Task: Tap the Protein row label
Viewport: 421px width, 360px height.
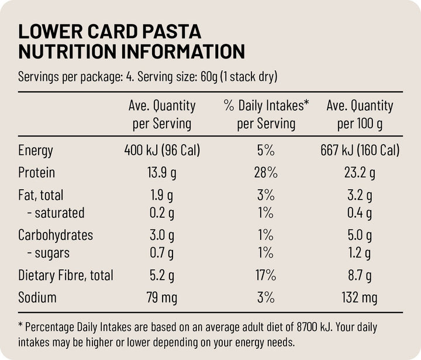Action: click(x=36, y=173)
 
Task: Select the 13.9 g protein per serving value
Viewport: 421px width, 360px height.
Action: click(x=161, y=173)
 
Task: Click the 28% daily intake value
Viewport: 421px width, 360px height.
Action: click(x=265, y=173)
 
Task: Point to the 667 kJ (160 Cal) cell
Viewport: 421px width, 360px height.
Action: click(x=360, y=150)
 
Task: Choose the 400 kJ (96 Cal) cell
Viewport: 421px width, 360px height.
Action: click(x=161, y=150)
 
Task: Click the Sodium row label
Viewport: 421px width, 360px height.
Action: click(x=37, y=297)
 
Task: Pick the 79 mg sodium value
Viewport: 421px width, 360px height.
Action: click(x=161, y=297)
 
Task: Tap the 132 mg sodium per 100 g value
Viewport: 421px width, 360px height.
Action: click(x=360, y=297)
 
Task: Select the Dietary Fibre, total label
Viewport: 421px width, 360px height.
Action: click(x=65, y=275)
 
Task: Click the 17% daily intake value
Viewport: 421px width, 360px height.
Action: click(x=265, y=275)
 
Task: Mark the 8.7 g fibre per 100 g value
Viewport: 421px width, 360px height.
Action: click(x=360, y=275)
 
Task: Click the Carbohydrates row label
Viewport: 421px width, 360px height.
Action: click(x=56, y=235)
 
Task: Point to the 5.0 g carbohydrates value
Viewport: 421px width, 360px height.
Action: click(x=360, y=235)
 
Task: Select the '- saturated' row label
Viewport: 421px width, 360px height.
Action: click(x=56, y=212)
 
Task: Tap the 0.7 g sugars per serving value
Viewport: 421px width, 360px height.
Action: click(x=161, y=253)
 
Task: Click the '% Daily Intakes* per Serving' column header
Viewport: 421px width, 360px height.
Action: click(x=266, y=115)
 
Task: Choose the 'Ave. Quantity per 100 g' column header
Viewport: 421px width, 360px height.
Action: click(x=360, y=115)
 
